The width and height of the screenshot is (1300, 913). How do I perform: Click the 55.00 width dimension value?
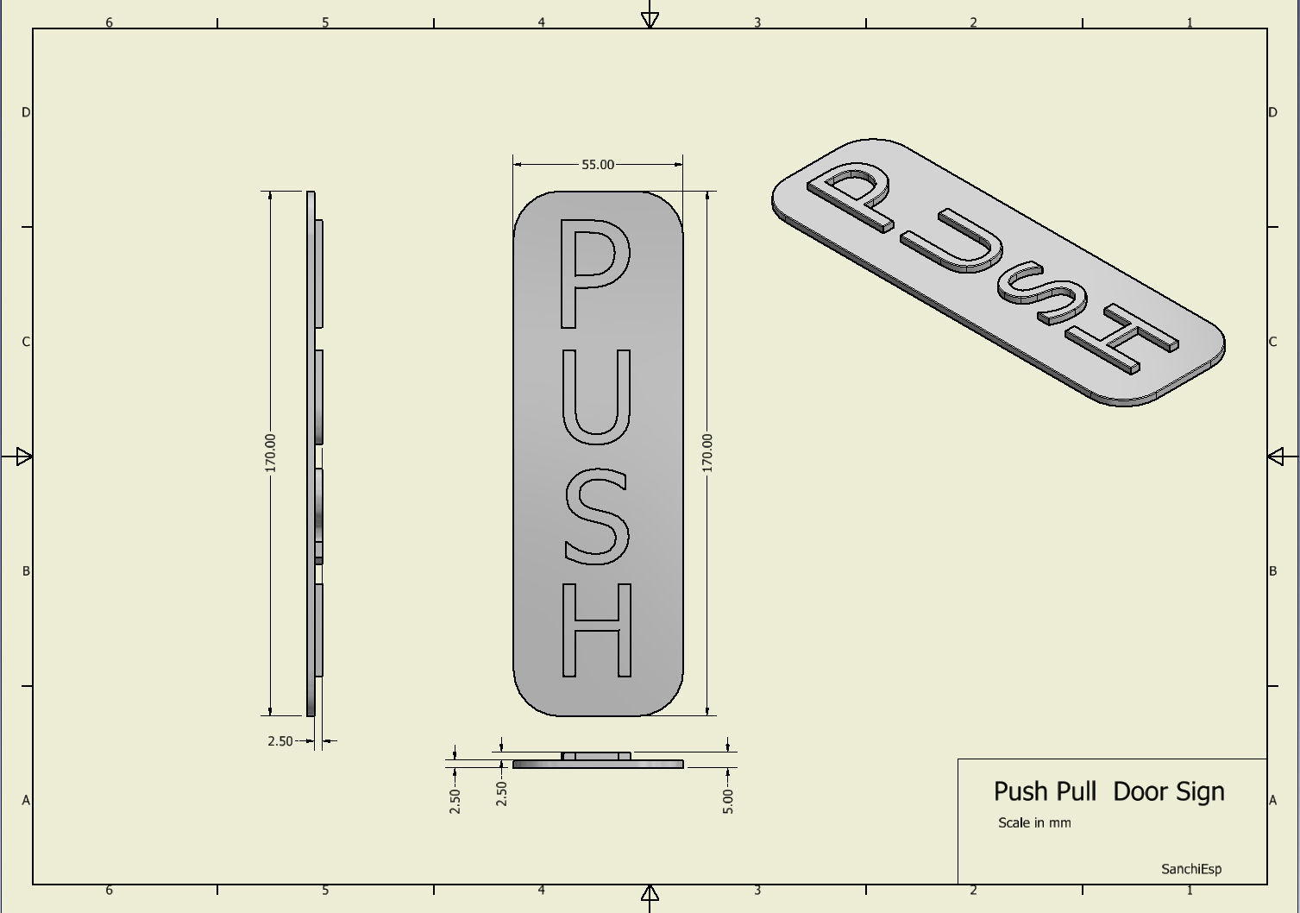coord(598,164)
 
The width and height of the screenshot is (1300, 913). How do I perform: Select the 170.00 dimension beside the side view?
coord(271,452)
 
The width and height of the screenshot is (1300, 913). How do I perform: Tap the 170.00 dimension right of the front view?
coord(707,452)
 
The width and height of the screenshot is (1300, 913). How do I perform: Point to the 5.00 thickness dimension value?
coord(727,801)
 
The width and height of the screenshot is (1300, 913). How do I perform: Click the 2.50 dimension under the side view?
coord(279,740)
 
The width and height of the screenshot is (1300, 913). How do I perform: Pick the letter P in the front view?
coord(593,273)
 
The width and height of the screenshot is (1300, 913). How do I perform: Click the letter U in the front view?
coord(597,397)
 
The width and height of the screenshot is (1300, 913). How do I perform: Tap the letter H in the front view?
coord(597,631)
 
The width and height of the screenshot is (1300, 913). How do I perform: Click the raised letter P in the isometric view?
coord(850,194)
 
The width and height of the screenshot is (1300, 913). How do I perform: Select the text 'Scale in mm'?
coord(1034,823)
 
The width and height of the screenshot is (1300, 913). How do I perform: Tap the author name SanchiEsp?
coord(1190,869)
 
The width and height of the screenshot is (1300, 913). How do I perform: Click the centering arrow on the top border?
coord(650,19)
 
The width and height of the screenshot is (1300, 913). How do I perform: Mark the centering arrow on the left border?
coord(23,456)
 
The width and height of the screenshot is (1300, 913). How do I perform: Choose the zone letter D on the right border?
coord(1272,112)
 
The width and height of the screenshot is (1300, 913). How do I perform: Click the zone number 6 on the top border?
coord(109,22)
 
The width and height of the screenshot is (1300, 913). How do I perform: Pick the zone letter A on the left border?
coord(26,800)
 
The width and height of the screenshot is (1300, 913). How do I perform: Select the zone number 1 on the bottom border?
coord(1190,890)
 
